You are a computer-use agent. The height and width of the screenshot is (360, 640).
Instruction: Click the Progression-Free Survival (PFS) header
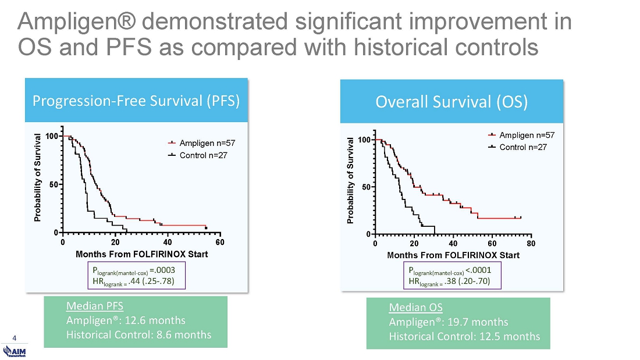tap(136, 101)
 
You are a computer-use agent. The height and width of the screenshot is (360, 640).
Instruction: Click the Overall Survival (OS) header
tap(451, 102)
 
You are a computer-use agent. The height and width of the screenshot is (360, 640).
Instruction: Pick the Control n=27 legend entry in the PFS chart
tap(202, 155)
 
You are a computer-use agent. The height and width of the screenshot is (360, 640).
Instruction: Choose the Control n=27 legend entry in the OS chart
tap(521, 147)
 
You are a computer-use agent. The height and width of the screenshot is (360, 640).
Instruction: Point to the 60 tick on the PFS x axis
tap(220, 242)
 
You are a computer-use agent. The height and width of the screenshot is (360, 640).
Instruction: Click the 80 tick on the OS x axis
tap(531, 243)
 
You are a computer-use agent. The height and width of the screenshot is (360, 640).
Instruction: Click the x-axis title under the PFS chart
tap(141, 254)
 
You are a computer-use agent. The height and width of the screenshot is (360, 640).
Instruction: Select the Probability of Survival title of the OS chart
tap(351, 180)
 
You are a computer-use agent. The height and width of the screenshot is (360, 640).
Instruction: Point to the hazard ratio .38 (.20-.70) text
tap(467, 281)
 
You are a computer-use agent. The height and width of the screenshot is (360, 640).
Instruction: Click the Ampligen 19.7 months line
tap(448, 322)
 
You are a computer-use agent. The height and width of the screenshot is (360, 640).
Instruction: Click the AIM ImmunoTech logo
tap(15, 351)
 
